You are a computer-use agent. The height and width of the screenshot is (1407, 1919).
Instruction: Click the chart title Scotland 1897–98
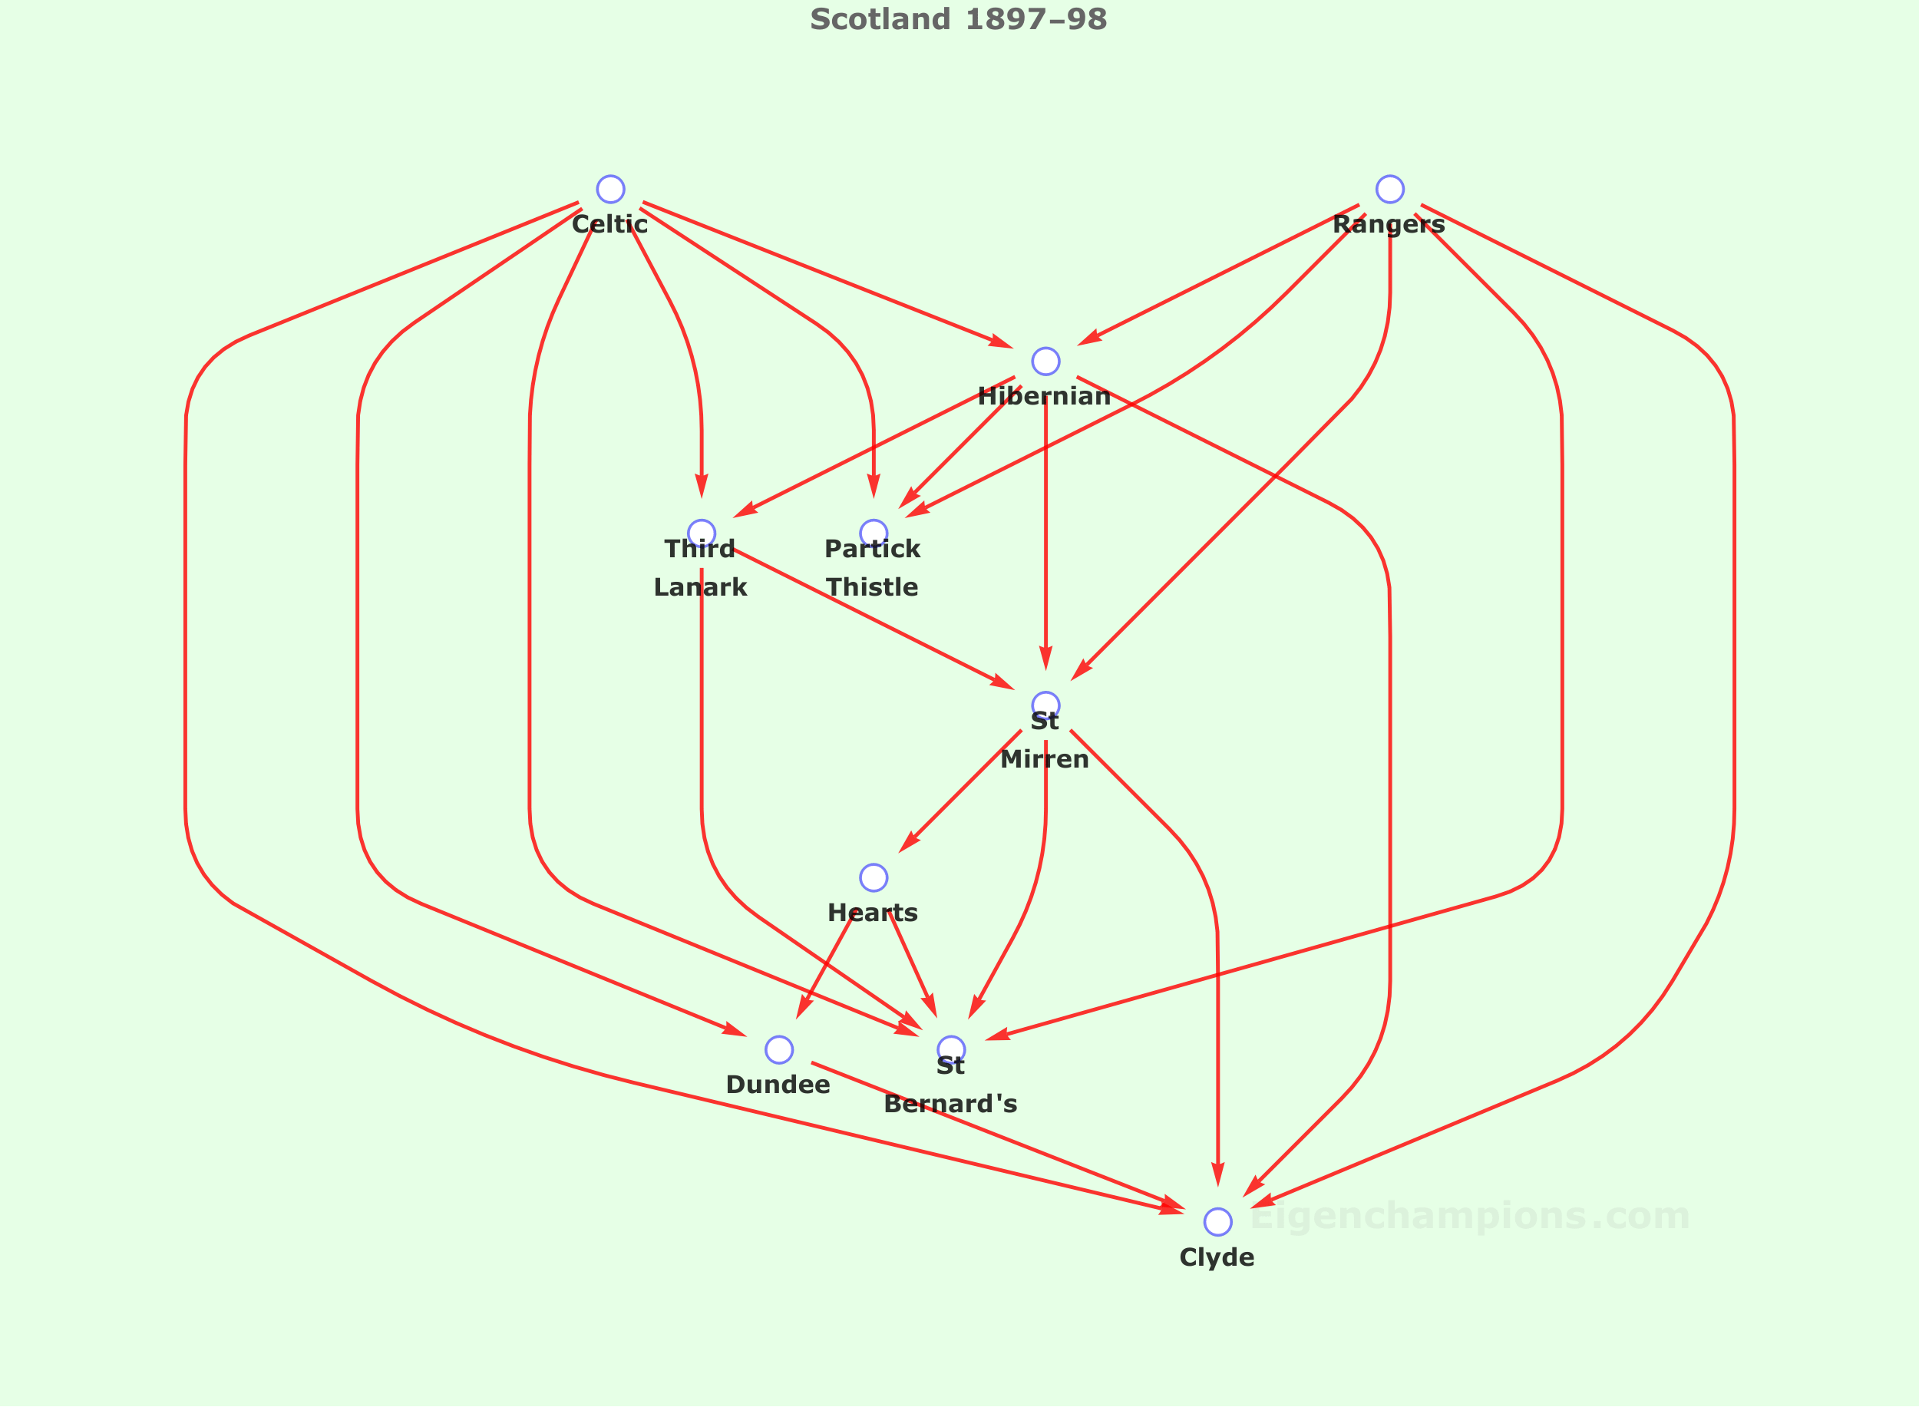959,18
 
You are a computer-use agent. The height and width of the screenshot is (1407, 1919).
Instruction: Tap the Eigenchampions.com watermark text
1470,1215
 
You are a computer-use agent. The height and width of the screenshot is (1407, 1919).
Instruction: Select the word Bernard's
950,1105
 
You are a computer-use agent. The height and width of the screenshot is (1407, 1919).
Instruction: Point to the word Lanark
701,588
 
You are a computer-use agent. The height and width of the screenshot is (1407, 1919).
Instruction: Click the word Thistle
873,588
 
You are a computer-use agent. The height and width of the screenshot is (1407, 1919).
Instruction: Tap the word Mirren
1045,760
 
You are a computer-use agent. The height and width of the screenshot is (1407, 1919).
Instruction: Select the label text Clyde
1217,1258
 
